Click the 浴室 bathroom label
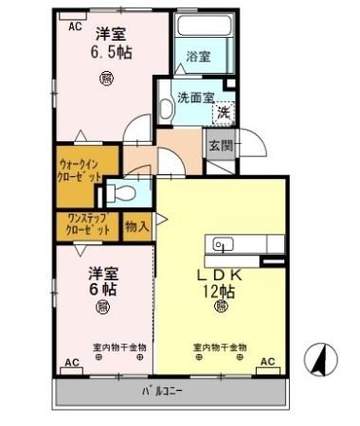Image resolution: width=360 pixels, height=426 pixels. (198, 56)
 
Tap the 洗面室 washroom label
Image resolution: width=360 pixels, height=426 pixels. (195, 98)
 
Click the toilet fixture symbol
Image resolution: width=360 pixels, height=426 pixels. (120, 193)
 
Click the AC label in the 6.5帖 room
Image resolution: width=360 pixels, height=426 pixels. (76, 27)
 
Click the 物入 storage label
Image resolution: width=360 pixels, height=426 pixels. (136, 225)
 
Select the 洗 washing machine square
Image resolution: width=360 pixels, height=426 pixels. (224, 112)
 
